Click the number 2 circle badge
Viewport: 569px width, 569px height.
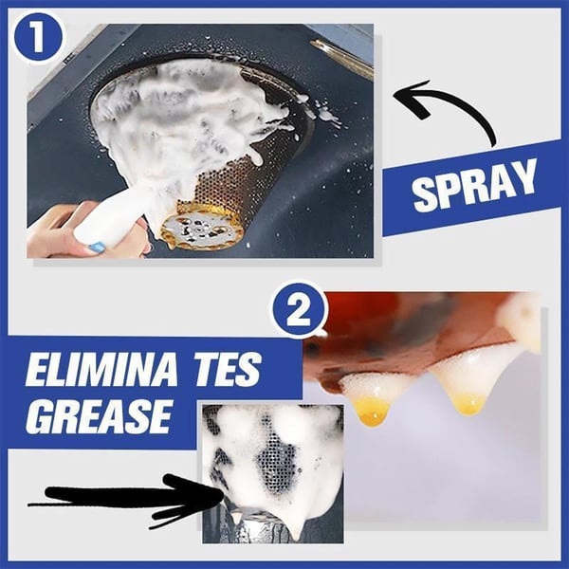coord(298,313)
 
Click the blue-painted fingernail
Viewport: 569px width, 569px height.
coord(97,248)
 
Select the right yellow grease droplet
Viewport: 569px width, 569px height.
coord(468,402)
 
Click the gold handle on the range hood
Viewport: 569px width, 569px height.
coord(341,59)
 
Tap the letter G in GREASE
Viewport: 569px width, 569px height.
coord(41,416)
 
